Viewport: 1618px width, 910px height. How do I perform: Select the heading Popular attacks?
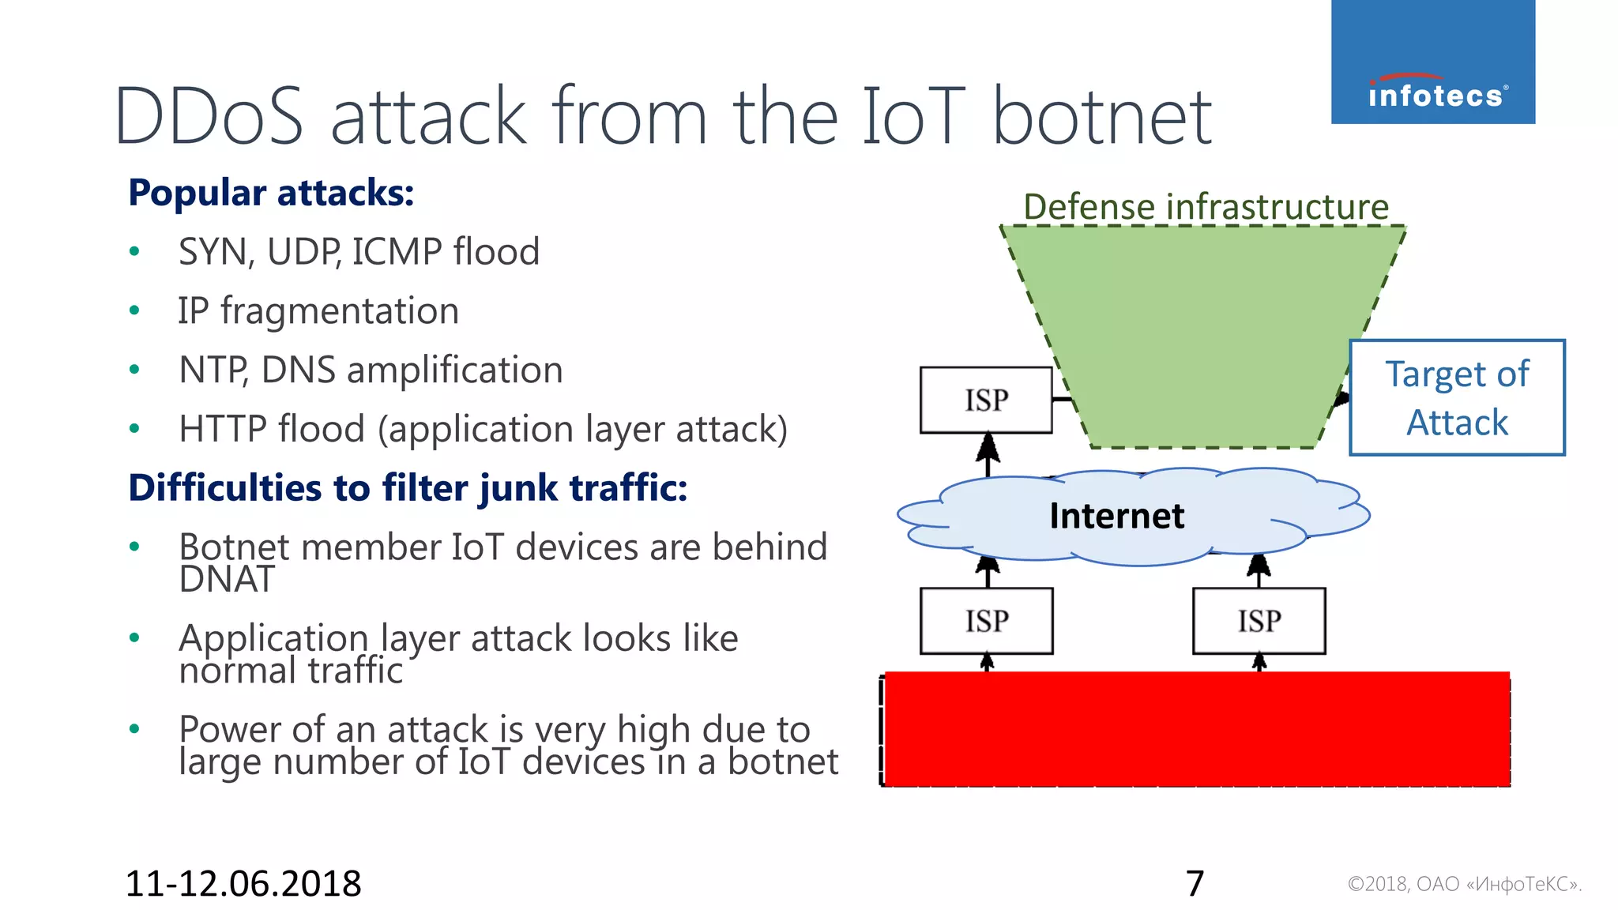[x=271, y=193]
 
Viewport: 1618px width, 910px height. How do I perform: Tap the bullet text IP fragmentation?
[x=318, y=310]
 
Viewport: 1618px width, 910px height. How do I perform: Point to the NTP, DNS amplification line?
[x=371, y=370]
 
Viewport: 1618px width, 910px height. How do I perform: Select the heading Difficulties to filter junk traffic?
[x=408, y=487]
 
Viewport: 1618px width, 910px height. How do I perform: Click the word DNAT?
[x=227, y=580]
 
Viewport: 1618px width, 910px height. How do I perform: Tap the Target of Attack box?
[x=1457, y=398]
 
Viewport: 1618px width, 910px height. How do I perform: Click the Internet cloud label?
[x=1116, y=517]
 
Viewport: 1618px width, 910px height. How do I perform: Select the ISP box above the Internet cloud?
[x=986, y=400]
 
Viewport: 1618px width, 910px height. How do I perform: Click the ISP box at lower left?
[x=986, y=621]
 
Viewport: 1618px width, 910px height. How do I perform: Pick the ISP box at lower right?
[x=1259, y=621]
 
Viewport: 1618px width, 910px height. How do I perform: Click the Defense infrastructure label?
[x=1206, y=207]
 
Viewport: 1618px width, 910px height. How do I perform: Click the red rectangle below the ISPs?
[x=1196, y=728]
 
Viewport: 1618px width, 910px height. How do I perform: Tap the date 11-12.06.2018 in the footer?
[x=243, y=883]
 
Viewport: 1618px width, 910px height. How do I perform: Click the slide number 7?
[x=1195, y=883]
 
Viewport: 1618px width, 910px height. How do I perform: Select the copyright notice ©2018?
[x=1464, y=884]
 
